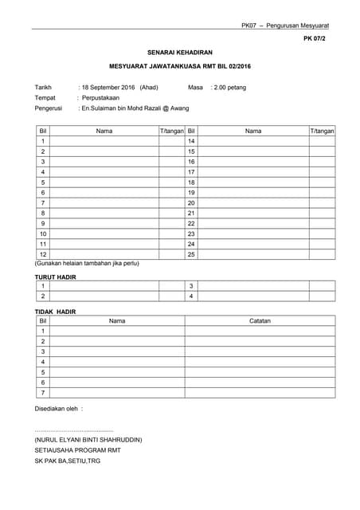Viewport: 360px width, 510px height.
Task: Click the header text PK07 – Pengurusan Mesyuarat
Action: pyautogui.click(x=284, y=25)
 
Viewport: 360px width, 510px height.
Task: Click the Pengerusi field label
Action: pyautogui.click(x=49, y=108)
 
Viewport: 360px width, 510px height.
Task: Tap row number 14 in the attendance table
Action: pyautogui.click(x=191, y=141)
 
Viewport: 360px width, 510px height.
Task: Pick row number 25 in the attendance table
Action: pyautogui.click(x=191, y=254)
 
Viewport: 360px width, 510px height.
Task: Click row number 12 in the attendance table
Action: pyautogui.click(x=43, y=254)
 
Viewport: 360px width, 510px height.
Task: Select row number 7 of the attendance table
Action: pyautogui.click(x=43, y=202)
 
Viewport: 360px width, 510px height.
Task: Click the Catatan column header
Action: pyautogui.click(x=260, y=320)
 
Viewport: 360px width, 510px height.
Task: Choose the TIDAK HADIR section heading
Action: pyautogui.click(x=55, y=311)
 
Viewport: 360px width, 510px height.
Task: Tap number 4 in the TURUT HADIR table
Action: pyautogui.click(x=191, y=296)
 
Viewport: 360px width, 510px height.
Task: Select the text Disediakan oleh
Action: pyautogui.click(x=58, y=409)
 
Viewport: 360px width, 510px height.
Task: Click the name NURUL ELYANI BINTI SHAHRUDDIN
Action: pyautogui.click(x=88, y=439)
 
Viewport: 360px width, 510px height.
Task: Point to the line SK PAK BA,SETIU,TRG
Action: pyautogui.click(x=67, y=460)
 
